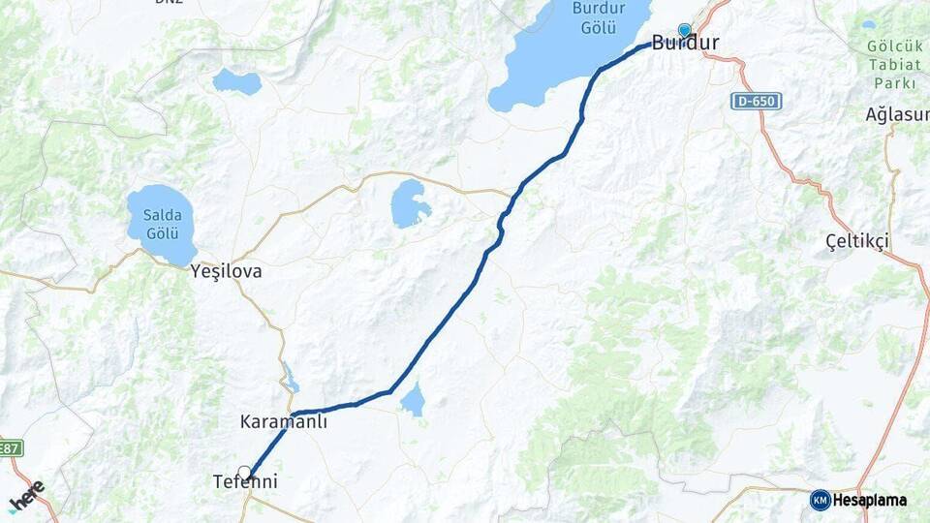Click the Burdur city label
coord(686,43)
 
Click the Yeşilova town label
coord(227,271)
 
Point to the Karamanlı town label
coord(284,422)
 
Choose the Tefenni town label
coord(245,481)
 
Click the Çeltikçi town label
coord(857,240)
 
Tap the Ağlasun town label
coord(897,114)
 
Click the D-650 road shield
coord(756,102)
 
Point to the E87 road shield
coord(11,447)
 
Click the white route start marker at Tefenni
coord(245,473)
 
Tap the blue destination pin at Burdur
coord(685,30)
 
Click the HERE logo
coord(26,495)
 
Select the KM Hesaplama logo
coord(858,500)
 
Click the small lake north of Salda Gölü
coord(237,81)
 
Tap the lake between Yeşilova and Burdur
coord(411,203)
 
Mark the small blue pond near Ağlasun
coord(868,25)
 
